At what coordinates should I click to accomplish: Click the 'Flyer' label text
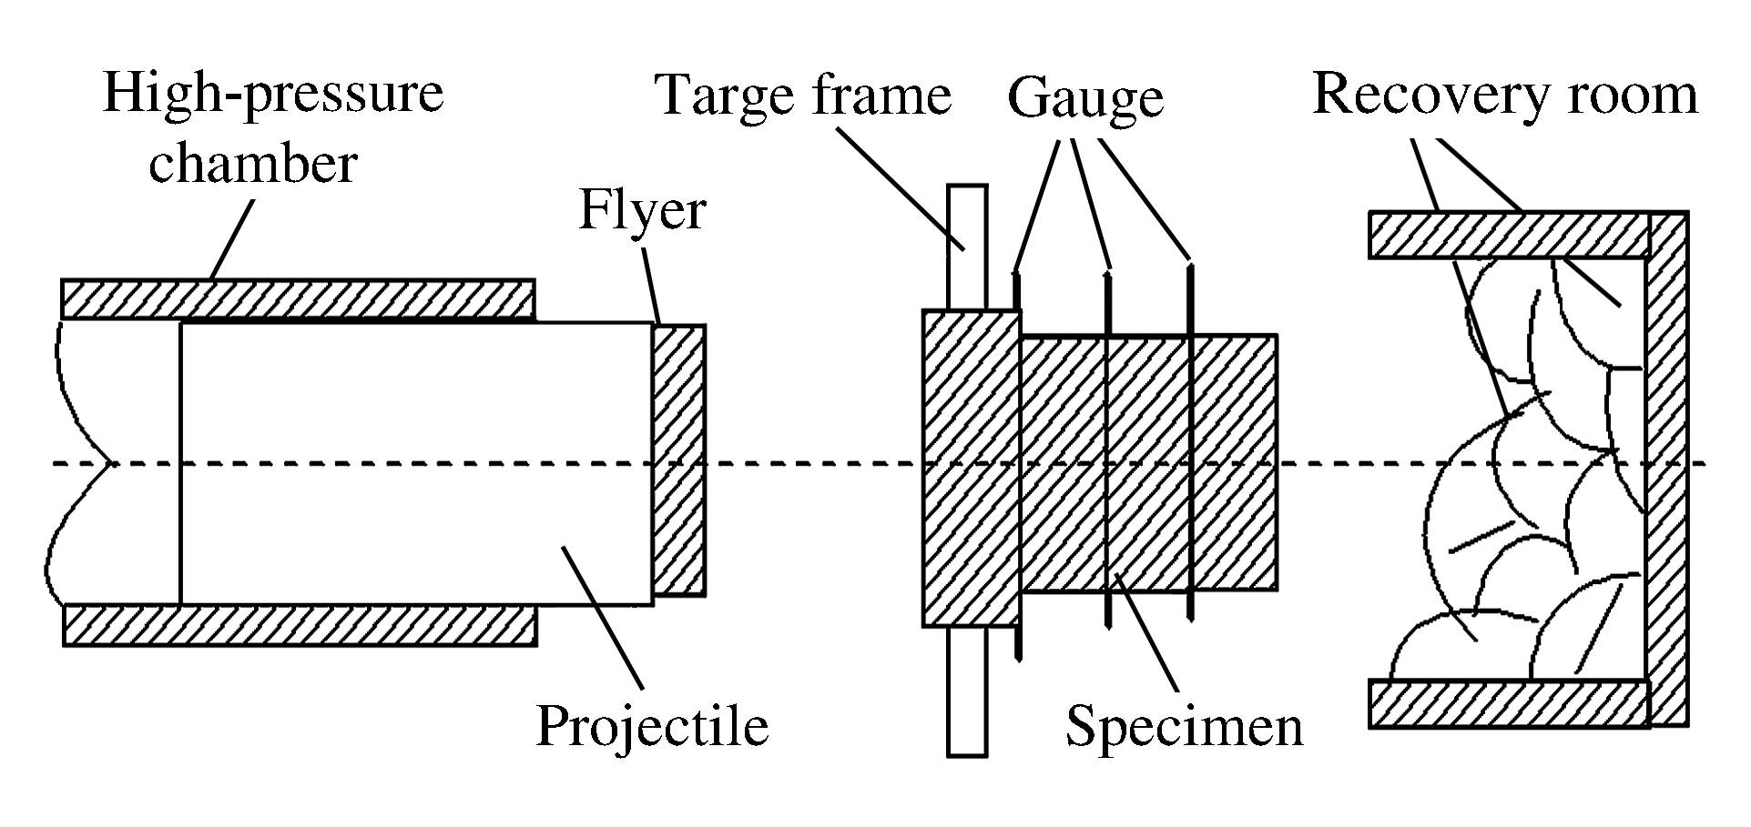[x=642, y=212]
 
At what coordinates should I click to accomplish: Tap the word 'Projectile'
[x=652, y=726]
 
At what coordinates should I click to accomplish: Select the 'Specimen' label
[x=1184, y=727]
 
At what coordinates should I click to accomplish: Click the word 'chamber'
[x=252, y=164]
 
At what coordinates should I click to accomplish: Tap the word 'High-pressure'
[x=273, y=95]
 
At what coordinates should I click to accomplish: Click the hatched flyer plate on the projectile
[x=679, y=459]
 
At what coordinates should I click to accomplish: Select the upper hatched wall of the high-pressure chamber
[x=298, y=298]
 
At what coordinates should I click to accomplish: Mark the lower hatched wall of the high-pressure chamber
[x=298, y=626]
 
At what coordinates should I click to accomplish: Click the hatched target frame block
[x=971, y=469]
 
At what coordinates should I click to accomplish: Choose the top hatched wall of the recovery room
[x=1509, y=235]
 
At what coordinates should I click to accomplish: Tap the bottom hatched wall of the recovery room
[x=1509, y=703]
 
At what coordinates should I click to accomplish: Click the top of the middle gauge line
[x=1108, y=272]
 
